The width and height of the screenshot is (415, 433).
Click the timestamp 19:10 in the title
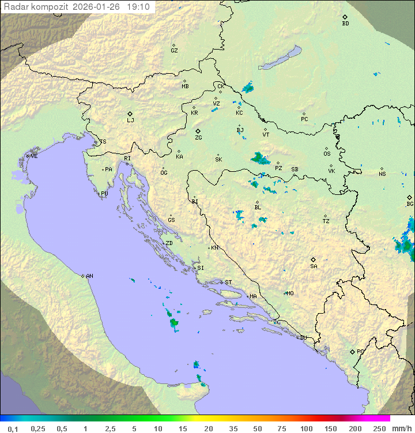tap(139, 7)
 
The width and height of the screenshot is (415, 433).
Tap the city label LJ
tap(130, 121)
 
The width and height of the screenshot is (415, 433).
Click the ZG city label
tap(198, 138)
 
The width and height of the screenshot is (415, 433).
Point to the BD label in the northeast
tap(345, 24)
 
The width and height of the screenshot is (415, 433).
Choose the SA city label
tap(314, 266)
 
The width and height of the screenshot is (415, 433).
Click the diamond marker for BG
tap(410, 197)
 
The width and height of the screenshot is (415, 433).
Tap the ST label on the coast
tap(228, 283)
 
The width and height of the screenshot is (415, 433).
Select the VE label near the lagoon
tap(34, 156)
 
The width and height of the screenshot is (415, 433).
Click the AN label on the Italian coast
tap(89, 276)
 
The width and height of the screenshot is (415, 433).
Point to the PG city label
tap(360, 351)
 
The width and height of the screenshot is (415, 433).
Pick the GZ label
tap(174, 51)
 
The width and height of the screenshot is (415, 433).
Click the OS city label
tap(327, 154)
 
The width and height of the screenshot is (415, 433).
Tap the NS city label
tap(382, 174)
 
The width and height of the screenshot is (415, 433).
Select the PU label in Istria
tap(104, 194)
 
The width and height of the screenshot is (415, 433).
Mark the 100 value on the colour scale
tap(306, 428)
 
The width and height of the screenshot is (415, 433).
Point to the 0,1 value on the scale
tap(13, 428)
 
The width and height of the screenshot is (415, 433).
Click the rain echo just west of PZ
tap(259, 158)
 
